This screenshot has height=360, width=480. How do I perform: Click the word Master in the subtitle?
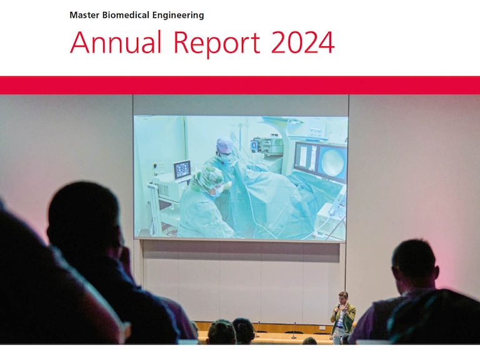(84, 15)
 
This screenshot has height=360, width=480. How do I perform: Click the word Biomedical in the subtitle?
(126, 15)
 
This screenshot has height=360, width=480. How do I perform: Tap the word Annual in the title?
(116, 42)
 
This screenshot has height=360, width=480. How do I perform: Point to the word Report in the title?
(217, 43)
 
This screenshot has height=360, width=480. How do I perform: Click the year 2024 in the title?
(302, 42)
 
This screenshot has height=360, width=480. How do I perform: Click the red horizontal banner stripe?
(240, 85)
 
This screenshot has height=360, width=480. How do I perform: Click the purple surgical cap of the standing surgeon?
(224, 145)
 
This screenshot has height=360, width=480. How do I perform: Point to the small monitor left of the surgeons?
(182, 170)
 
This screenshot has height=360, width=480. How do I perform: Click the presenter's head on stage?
(343, 297)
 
